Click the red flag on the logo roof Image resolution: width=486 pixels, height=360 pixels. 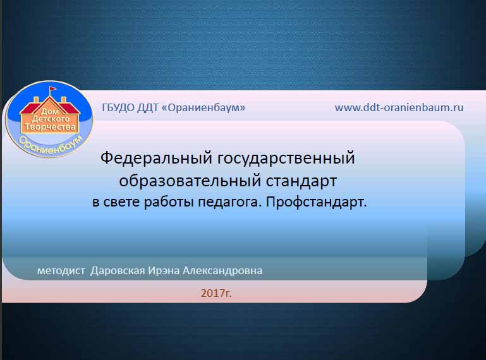tap(53, 88)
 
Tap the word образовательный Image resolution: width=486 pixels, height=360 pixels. tap(190, 181)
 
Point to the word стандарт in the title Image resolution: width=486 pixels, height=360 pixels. tap(301, 181)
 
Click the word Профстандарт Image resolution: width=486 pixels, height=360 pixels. tap(317, 202)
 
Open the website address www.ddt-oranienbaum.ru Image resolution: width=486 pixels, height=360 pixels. tap(399, 107)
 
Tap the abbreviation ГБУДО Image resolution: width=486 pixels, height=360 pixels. tap(118, 108)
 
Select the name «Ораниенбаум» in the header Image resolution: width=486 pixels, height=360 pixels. tap(204, 108)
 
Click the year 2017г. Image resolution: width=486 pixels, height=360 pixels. tap(216, 293)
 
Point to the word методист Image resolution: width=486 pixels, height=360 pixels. tap(61, 271)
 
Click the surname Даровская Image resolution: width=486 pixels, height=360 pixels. tap(118, 271)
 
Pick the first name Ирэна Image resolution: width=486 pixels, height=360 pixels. tap(164, 271)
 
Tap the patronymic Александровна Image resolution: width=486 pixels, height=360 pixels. tap(222, 271)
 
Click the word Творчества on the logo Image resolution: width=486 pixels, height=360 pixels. tap(50, 127)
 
